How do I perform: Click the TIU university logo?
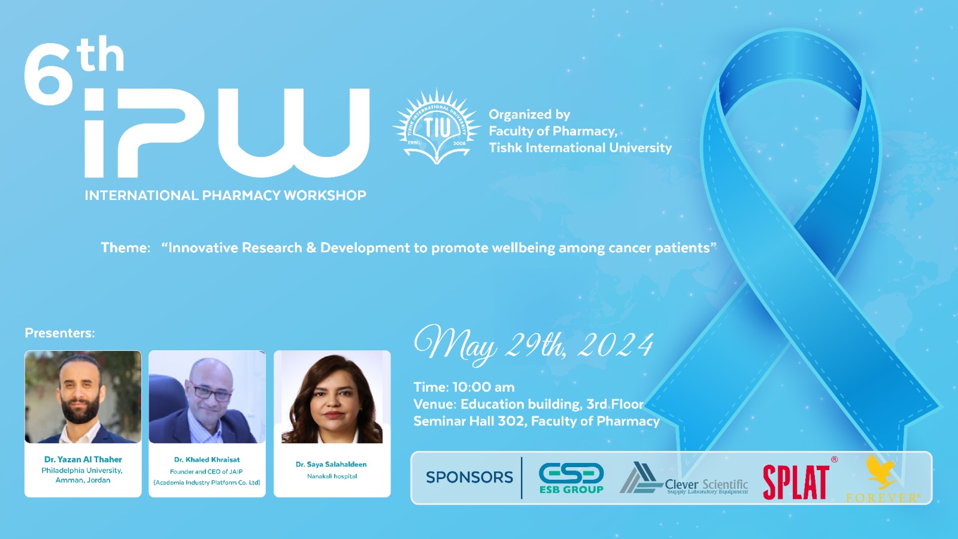436,126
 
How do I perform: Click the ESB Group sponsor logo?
571,478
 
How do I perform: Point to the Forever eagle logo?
883,479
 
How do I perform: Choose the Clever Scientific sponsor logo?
683,479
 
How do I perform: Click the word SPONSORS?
469,477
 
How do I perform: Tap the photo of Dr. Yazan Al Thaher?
83,397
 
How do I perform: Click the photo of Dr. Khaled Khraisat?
207,397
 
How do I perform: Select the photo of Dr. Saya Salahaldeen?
332,397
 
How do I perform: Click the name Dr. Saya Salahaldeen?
331,464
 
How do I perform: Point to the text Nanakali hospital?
332,476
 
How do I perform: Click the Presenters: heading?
60,333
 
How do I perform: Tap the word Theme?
126,248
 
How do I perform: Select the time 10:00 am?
483,387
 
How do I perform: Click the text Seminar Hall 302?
469,422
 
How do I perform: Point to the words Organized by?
529,114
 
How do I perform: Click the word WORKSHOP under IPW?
325,195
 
